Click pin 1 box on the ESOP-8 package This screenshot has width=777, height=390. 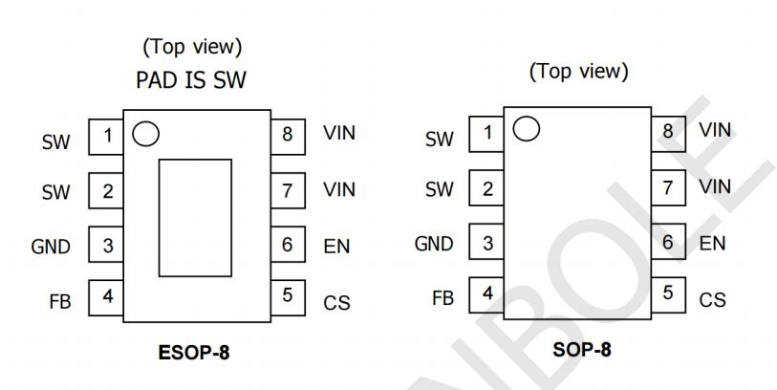pos(107,136)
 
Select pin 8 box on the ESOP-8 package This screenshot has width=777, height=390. pos(287,136)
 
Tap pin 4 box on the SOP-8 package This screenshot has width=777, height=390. pos(486,295)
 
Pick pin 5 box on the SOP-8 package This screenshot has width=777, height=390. pos(667,292)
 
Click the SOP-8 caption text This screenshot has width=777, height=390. pos(581,350)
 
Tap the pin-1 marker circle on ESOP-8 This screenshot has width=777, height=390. pos(144,136)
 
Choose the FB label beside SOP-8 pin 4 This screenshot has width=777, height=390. pos(442,298)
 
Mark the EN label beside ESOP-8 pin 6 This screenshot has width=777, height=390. pos(336,247)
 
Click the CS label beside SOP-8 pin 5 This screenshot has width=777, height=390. pos(712,299)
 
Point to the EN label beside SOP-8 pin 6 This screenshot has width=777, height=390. pos(712,244)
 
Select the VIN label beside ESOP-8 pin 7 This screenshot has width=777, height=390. pos(339,190)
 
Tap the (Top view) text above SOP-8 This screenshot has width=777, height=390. pos(579,72)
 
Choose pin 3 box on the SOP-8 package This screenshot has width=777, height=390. pos(486,242)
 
